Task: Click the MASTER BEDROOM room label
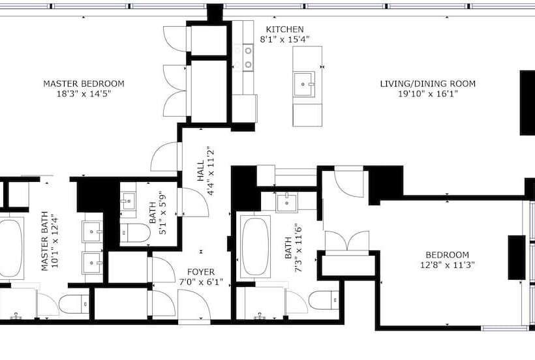pyautogui.click(x=84, y=83)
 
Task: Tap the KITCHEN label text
pyautogui.click(x=284, y=29)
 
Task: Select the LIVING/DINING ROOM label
pyautogui.click(x=427, y=83)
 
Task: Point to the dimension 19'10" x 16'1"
pyautogui.click(x=427, y=94)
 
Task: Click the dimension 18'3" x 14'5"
pyautogui.click(x=84, y=94)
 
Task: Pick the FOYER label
pyautogui.click(x=200, y=272)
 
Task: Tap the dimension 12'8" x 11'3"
pyautogui.click(x=447, y=265)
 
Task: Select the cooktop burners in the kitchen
pyautogui.click(x=249, y=57)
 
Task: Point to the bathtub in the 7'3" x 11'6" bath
pyautogui.click(x=255, y=247)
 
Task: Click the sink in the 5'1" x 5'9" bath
pyautogui.click(x=129, y=201)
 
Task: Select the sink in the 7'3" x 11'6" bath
pyautogui.click(x=287, y=202)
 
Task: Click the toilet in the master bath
pyautogui.click(x=74, y=303)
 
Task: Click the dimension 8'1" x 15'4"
pyautogui.click(x=284, y=39)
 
